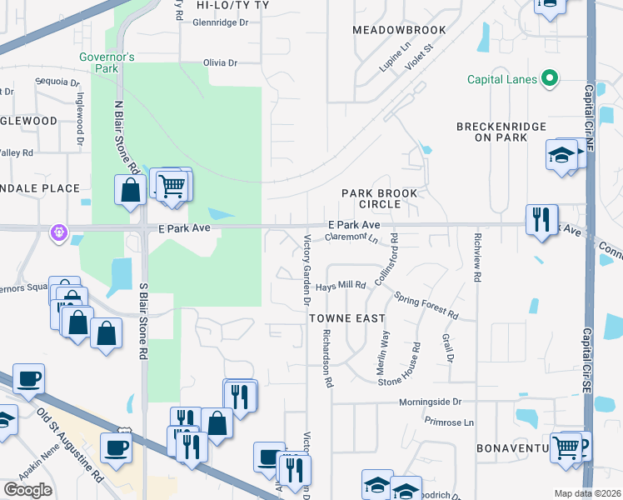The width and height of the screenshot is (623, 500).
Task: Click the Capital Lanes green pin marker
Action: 549,80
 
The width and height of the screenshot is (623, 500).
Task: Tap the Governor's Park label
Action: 107,62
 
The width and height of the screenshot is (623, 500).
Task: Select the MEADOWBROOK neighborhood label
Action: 399,30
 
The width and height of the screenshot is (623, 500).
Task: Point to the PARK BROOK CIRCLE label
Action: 379,198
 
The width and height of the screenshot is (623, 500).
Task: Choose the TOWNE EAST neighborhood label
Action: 347,318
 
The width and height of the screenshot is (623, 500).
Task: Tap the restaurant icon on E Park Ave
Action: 541,220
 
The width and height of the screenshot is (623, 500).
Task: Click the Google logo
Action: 28,490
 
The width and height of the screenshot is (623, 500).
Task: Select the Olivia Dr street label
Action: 220,62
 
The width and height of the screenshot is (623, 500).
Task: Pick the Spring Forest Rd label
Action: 426,306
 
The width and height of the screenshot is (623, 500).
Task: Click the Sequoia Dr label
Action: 57,82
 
